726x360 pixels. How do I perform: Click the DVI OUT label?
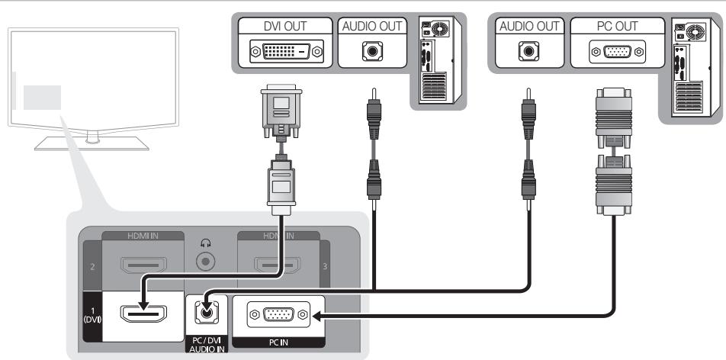coord(285,26)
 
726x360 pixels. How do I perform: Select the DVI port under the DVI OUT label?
coord(285,53)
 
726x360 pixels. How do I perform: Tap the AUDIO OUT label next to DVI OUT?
coord(371,26)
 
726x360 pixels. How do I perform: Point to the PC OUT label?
coord(618,26)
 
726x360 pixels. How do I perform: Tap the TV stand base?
coord(92,143)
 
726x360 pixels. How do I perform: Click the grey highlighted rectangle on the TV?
coord(41,98)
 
